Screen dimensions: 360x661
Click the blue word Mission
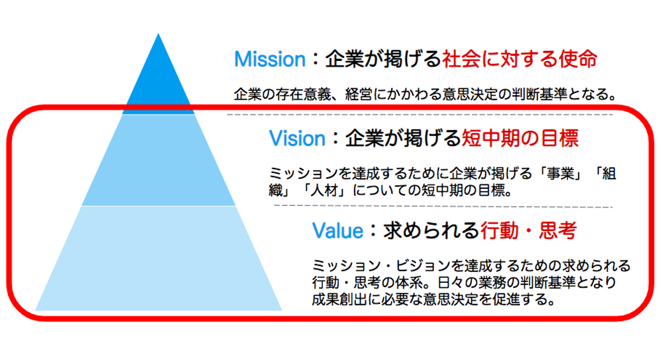pos(269,59)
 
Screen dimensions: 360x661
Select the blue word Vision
pos(297,138)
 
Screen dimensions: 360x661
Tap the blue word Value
pos(337,231)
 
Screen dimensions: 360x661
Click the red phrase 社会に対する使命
pos(519,59)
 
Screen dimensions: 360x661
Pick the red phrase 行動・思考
pos(528,231)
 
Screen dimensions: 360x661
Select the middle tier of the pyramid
pos(158,161)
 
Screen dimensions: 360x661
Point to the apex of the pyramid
pos(158,35)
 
